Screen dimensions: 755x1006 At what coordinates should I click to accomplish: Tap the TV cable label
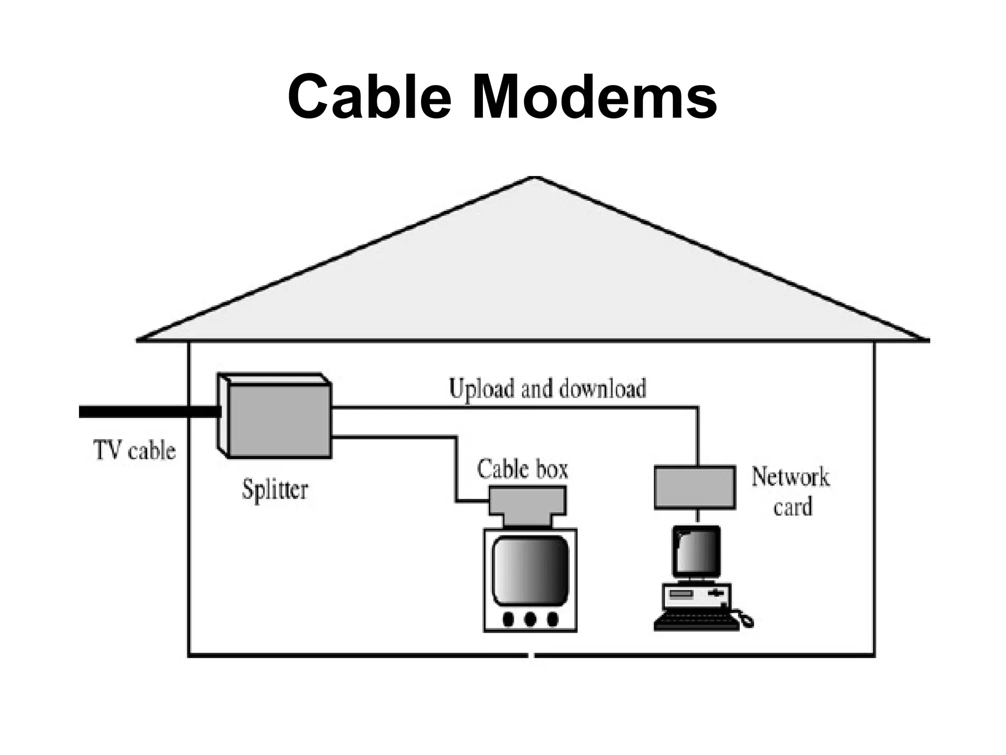134,451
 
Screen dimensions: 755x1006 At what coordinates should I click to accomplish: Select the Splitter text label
275,490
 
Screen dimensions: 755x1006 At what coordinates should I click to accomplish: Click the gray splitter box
280,421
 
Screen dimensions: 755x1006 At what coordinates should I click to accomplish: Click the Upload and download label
547,389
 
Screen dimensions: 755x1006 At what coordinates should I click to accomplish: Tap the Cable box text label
522,469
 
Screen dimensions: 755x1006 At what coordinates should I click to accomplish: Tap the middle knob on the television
530,619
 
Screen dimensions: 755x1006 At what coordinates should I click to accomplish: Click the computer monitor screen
697,551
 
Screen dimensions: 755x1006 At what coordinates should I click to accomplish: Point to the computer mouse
746,621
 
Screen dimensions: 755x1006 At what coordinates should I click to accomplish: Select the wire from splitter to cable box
456,467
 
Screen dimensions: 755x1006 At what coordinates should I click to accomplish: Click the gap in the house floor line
531,655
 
